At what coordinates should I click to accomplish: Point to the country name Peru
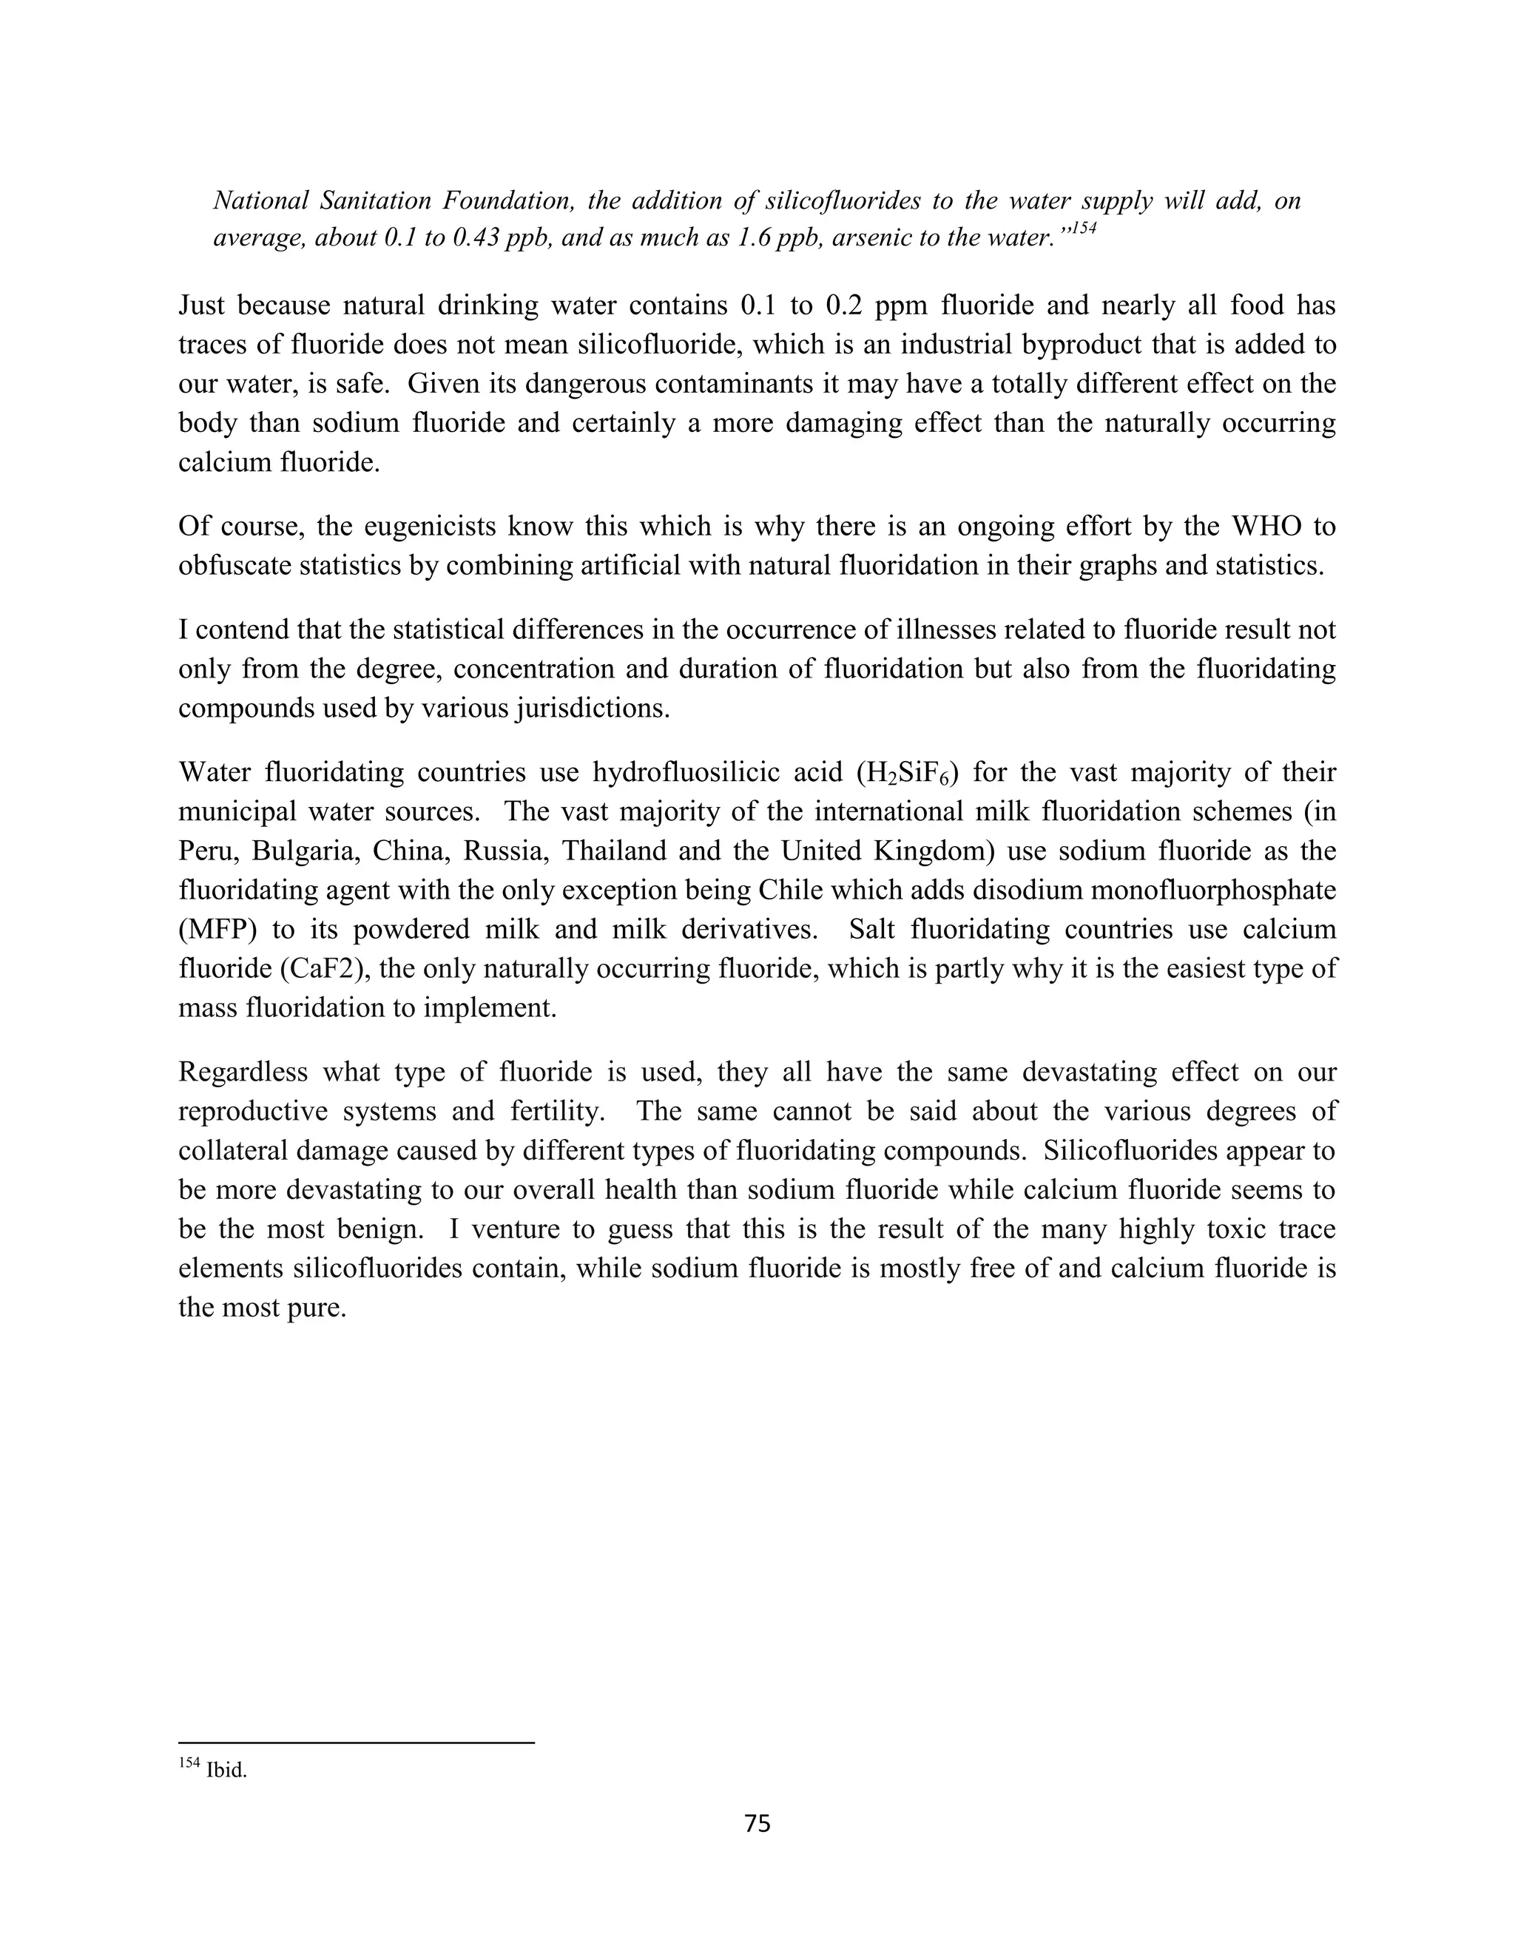pyautogui.click(x=206, y=851)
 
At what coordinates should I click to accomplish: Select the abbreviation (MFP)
pyautogui.click(x=218, y=930)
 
